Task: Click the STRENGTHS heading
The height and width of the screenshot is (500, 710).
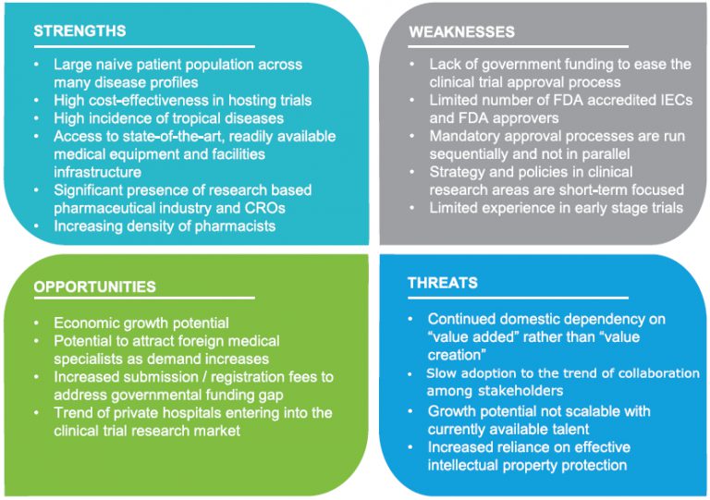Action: (x=80, y=31)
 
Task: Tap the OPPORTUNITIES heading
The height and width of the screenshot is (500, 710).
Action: (x=94, y=287)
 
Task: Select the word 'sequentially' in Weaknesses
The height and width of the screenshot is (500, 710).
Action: (x=471, y=153)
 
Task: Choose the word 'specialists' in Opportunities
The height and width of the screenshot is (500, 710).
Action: (x=90, y=359)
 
